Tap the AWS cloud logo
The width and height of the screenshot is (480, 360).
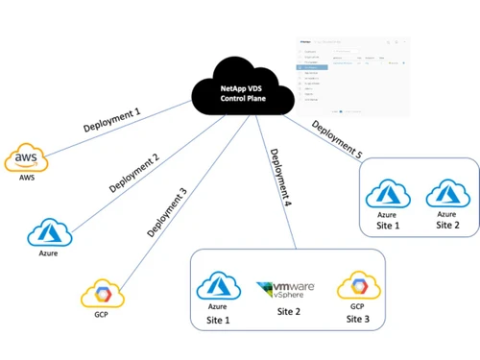[x=25, y=157]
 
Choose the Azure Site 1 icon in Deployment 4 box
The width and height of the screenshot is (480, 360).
[x=216, y=287]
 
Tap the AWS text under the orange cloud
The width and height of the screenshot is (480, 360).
[x=25, y=178]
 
